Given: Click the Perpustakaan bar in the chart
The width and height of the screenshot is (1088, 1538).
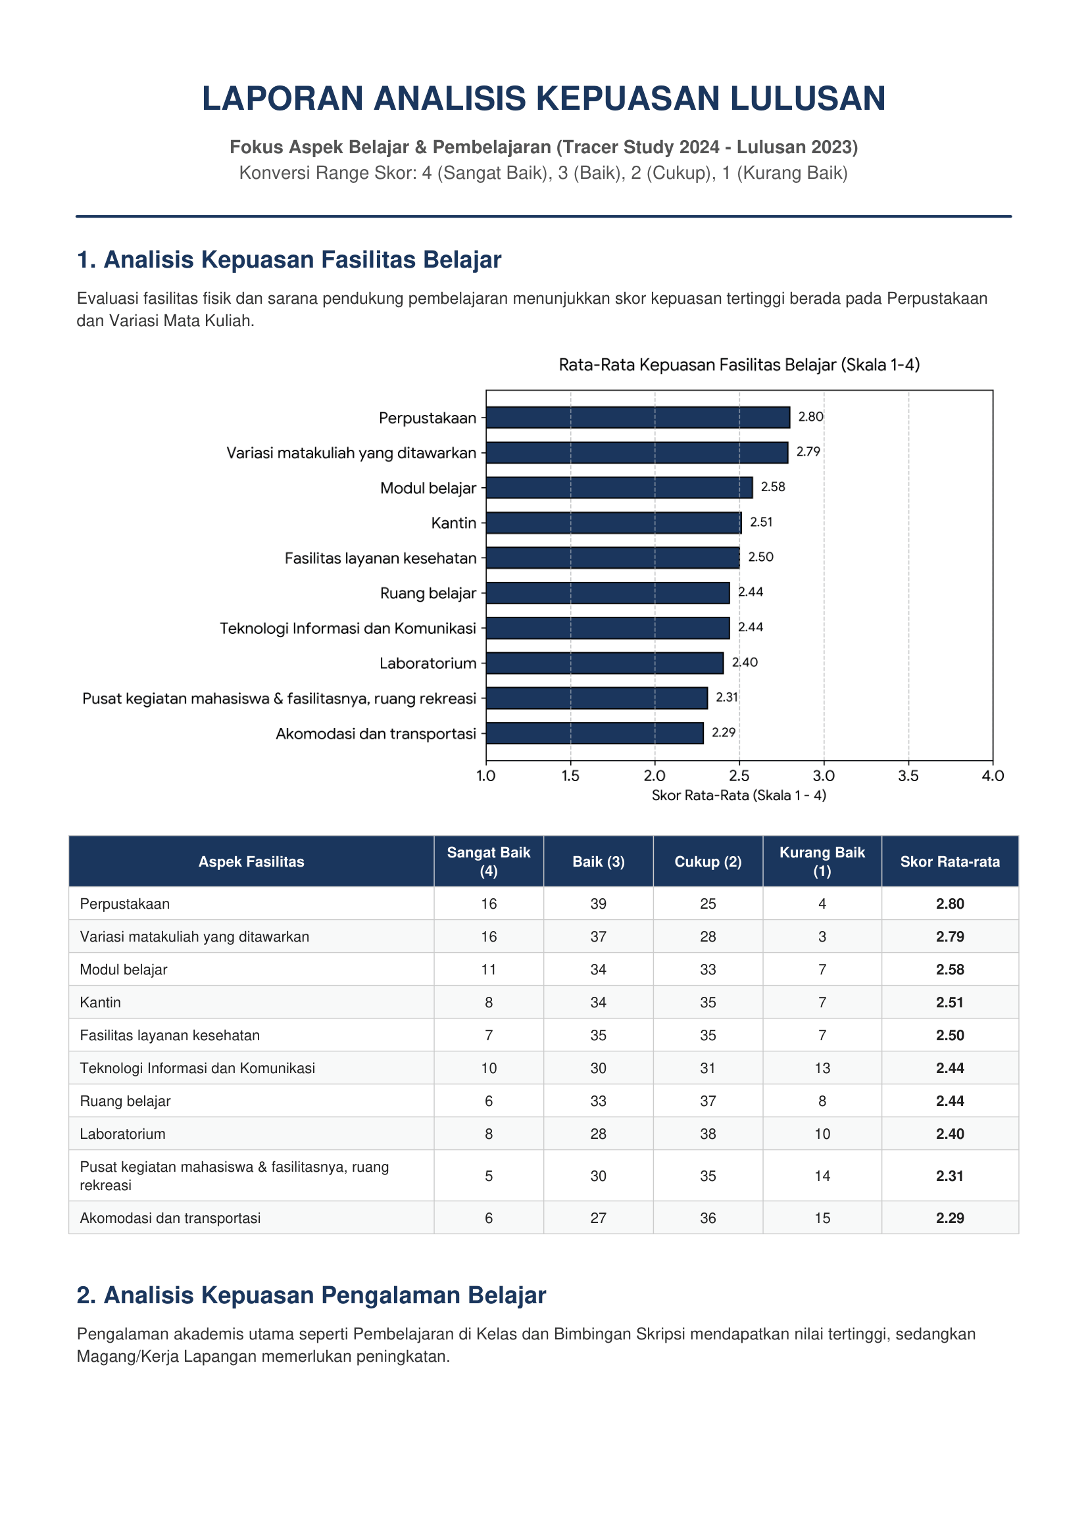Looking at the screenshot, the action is point(638,418).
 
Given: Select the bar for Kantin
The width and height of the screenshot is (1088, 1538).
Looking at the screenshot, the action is point(614,523).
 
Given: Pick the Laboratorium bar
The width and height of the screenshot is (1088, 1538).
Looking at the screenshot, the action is point(605,663).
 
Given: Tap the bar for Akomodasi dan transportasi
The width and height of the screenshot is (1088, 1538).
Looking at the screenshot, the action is point(595,733).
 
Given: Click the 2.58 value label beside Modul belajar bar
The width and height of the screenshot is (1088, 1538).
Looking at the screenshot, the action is point(773,487).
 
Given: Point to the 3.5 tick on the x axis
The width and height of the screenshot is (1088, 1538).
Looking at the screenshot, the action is point(908,776).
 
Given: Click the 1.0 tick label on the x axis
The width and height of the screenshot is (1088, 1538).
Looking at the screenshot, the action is point(485,776).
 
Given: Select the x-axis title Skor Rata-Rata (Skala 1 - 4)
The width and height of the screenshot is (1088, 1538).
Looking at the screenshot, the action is point(739,796).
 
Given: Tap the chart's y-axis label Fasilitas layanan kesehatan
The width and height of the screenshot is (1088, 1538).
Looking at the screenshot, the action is point(380,558).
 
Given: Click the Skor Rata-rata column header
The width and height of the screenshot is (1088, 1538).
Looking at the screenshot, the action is point(950,861).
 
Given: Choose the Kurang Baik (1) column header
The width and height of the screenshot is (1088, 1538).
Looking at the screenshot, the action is point(822,861).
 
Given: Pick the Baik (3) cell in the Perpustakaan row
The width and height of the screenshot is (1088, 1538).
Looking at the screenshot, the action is point(598,903).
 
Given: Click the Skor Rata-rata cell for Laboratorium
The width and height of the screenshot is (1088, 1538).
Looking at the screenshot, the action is point(950,1134).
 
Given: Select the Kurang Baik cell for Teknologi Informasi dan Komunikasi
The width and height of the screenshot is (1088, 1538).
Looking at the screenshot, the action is point(822,1069).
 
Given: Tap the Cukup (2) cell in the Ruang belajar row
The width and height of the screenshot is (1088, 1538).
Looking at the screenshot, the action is point(708,1101).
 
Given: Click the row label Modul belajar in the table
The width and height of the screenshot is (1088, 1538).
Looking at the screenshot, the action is point(123,969).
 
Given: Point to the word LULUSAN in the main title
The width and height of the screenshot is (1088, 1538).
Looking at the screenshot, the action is point(808,99).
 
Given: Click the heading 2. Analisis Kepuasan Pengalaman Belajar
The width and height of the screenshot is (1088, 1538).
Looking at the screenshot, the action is point(312,1295).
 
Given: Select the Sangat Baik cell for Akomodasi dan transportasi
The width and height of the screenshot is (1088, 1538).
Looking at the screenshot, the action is point(489,1218).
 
